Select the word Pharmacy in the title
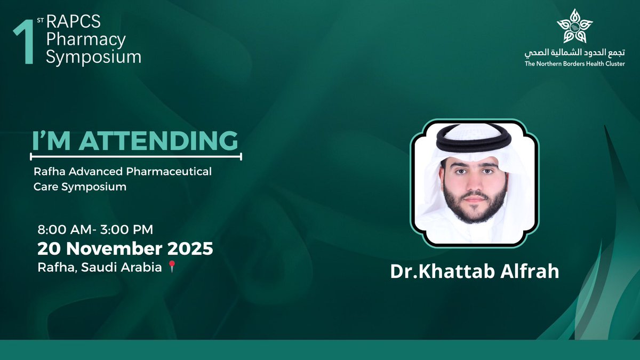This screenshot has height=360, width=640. [86, 39]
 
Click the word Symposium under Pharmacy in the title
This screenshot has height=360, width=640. [94, 57]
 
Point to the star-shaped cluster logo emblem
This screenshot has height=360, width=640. [574, 26]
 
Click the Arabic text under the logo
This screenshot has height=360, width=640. [574, 53]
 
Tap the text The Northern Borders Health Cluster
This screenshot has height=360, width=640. [574, 64]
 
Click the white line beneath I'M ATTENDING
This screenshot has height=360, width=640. [136, 156]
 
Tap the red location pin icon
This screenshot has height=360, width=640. [171, 267]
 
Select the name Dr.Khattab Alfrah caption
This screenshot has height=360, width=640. [475, 271]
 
